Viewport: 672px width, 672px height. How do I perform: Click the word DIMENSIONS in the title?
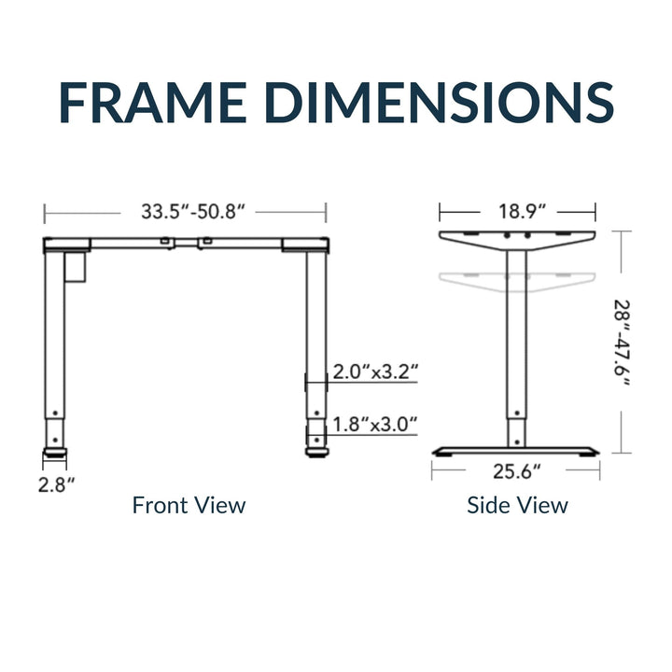[444, 103]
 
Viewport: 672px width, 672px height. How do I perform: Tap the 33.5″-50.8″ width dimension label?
[193, 212]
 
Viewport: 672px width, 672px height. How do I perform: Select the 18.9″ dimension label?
[517, 212]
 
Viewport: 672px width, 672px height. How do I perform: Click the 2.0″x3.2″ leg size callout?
[374, 372]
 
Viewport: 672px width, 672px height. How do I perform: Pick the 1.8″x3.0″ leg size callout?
[374, 426]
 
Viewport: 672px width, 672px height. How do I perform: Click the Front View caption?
[189, 506]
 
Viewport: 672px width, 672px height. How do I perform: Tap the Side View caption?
[517, 506]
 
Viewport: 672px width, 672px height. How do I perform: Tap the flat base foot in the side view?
[516, 451]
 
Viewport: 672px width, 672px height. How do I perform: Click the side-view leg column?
[517, 355]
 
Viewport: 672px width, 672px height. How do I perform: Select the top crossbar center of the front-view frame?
[187, 244]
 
